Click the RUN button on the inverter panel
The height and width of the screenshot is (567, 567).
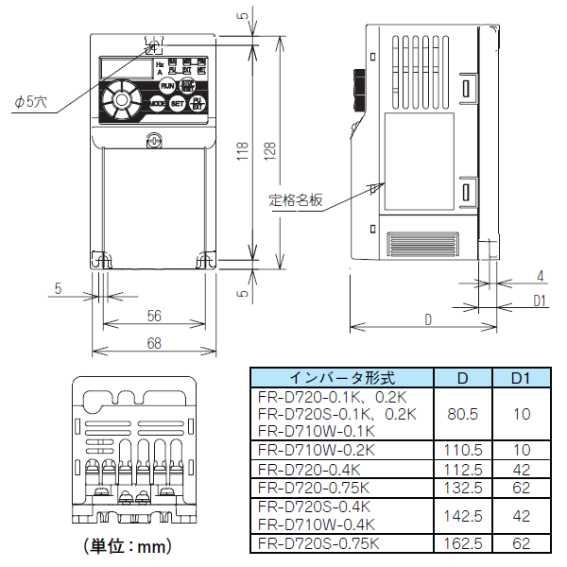167,86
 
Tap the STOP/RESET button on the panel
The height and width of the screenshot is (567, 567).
188,85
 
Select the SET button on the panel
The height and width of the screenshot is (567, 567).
177,104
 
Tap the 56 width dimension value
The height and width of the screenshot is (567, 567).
154,315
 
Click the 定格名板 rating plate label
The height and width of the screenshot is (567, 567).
296,200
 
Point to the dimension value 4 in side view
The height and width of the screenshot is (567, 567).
540,276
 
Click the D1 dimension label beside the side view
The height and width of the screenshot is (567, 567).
541,301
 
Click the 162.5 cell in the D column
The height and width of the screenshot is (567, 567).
463,543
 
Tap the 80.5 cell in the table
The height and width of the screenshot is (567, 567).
463,413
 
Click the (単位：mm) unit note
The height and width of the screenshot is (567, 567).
126,546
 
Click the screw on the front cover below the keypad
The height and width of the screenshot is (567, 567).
153,140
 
